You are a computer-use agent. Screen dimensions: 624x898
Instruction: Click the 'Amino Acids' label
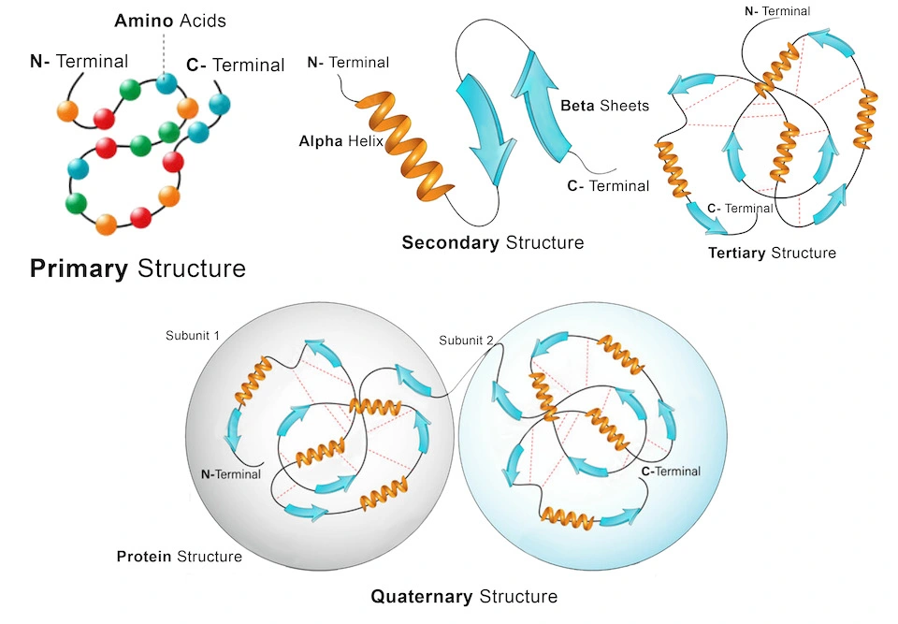(x=169, y=21)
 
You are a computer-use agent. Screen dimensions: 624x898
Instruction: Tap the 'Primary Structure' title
(x=138, y=269)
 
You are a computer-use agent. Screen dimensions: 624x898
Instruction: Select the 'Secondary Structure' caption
(x=492, y=243)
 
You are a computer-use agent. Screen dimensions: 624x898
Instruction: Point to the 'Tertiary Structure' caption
(x=772, y=253)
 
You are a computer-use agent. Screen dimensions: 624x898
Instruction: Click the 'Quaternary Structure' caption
(x=464, y=596)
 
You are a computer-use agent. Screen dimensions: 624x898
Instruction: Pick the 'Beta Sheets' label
(x=604, y=106)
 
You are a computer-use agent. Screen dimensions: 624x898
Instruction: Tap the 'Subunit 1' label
(x=194, y=335)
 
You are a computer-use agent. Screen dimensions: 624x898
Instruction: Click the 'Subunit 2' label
(x=466, y=340)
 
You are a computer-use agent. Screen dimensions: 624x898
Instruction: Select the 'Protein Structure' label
(x=179, y=557)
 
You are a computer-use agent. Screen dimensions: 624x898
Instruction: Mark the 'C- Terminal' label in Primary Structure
(x=235, y=65)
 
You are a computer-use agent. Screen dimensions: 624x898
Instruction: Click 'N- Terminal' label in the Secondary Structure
(x=348, y=63)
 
